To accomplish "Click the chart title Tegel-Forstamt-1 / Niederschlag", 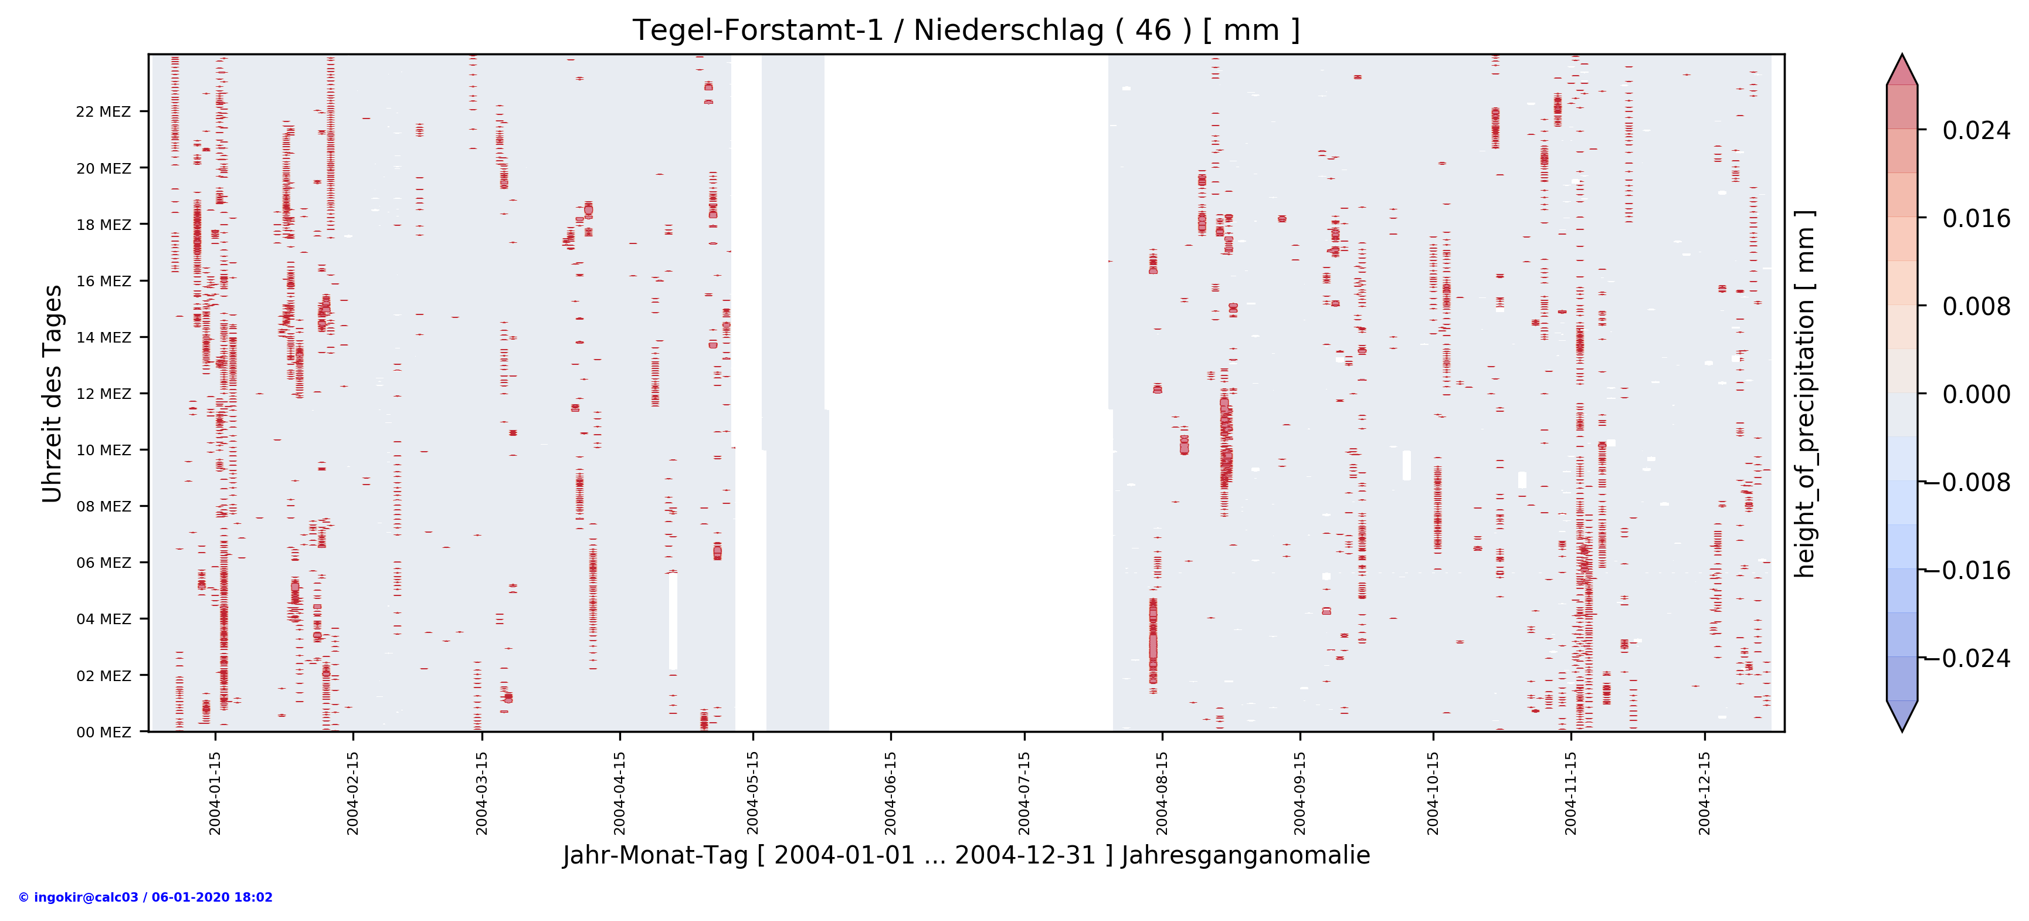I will point(966,31).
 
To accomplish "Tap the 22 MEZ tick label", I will point(103,112).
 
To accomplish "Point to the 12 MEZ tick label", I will point(103,394).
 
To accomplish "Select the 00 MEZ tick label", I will point(103,732).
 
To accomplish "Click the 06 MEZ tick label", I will point(103,563).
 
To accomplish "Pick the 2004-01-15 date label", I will point(215,793).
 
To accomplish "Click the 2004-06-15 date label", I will point(890,793).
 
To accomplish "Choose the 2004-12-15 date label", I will point(1705,793).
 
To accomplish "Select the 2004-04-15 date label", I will point(619,793).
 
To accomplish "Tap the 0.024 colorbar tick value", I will point(1976,131).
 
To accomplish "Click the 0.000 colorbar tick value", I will point(1976,394).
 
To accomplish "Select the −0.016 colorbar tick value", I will point(1974,570).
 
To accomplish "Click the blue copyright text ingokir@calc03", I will point(145,898).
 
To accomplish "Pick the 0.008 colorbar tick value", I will point(1976,306).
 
